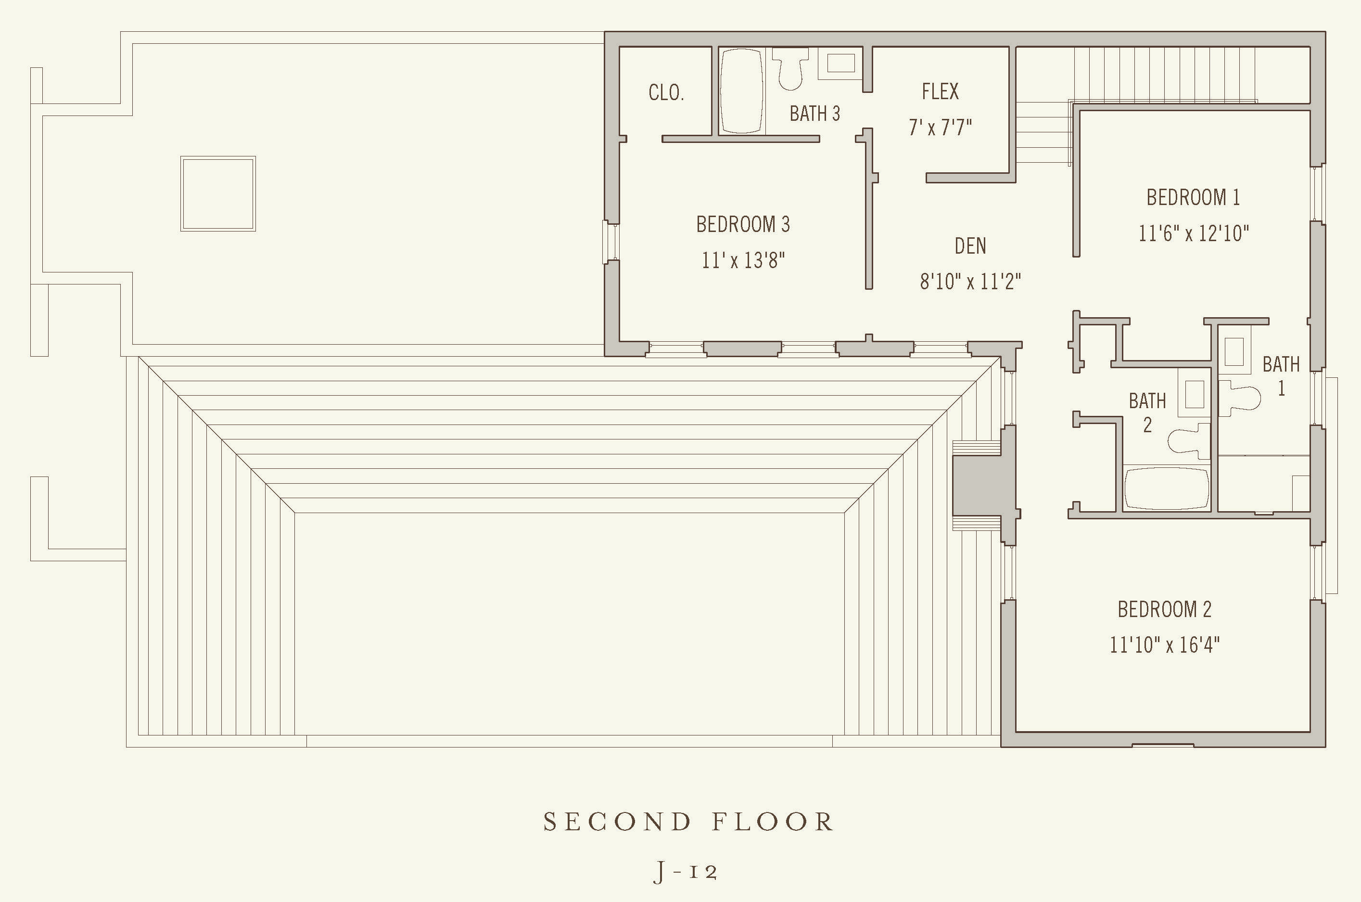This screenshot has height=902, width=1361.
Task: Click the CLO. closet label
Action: pyautogui.click(x=666, y=92)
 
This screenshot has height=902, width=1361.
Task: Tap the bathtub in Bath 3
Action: pyautogui.click(x=741, y=91)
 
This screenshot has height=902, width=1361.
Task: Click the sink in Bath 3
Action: pyautogui.click(x=840, y=63)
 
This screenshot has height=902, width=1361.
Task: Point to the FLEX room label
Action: pyautogui.click(x=940, y=91)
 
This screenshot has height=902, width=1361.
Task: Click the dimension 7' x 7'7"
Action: pyautogui.click(x=940, y=127)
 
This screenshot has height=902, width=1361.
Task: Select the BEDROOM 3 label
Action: pyautogui.click(x=743, y=224)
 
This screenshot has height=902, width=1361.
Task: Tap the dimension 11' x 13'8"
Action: pyautogui.click(x=743, y=260)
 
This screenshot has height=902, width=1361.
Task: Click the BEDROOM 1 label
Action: pyautogui.click(x=1193, y=197)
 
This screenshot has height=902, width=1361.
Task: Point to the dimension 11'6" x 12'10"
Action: pyautogui.click(x=1193, y=233)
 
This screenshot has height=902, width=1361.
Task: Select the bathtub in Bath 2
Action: pyautogui.click(x=1166, y=489)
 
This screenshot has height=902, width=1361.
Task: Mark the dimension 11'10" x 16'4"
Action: pyautogui.click(x=1164, y=645)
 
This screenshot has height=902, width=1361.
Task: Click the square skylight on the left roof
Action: pyautogui.click(x=218, y=194)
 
